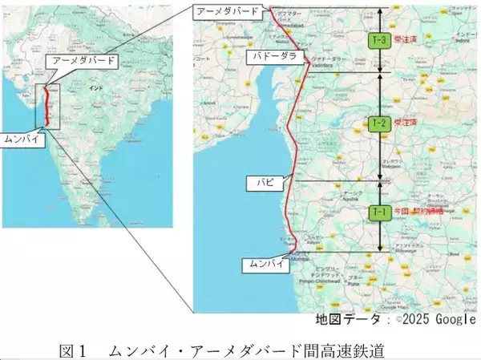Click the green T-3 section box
click(379, 39)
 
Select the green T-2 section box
click(379, 123)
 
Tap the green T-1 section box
click(379, 212)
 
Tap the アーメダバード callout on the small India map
click(83, 60)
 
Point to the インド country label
click(97, 86)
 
